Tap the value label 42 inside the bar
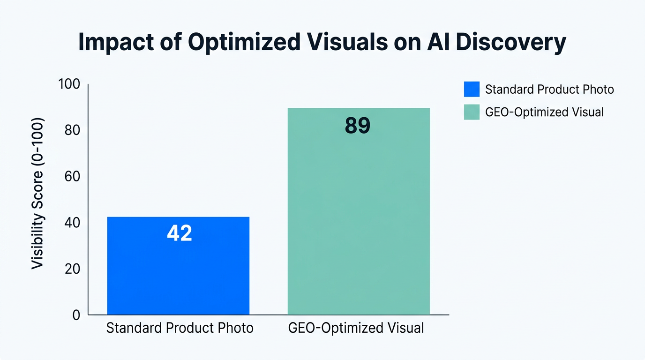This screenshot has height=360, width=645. click(180, 233)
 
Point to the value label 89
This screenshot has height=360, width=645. click(358, 126)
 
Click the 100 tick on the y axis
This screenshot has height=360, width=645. click(69, 84)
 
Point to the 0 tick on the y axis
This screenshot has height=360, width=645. click(76, 315)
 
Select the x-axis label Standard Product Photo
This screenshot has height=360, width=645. click(180, 328)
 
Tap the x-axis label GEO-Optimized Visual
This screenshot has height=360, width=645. click(356, 328)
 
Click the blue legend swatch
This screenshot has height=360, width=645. click(472, 89)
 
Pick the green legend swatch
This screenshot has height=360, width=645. click(472, 112)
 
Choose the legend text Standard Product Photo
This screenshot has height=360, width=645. click(549, 89)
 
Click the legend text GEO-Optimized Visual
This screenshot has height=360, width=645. click(544, 112)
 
